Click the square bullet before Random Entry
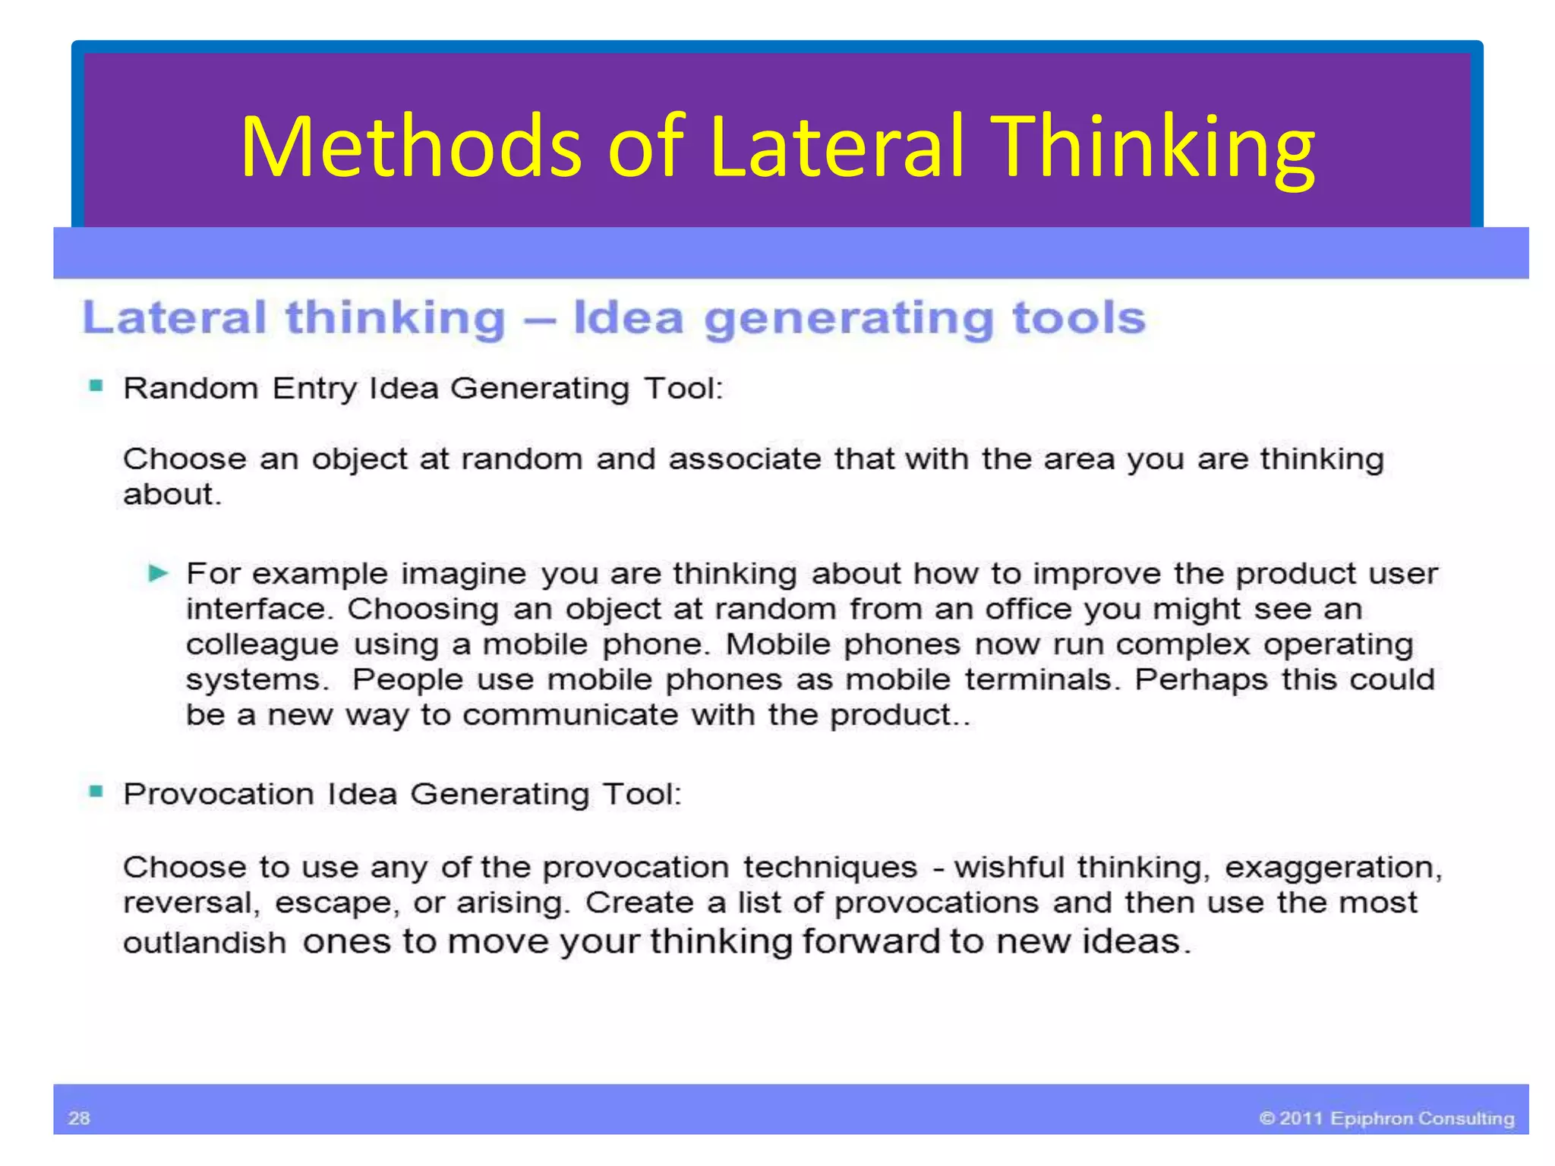click(96, 386)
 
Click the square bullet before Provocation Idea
click(96, 792)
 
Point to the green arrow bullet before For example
click(158, 572)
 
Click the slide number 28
click(79, 1117)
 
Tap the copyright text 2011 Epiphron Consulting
click(1386, 1118)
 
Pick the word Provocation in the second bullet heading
click(219, 794)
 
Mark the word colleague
click(262, 645)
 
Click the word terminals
click(1042, 679)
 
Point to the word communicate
click(569, 714)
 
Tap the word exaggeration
click(1333, 868)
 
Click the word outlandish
click(204, 943)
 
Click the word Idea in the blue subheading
click(629, 317)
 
